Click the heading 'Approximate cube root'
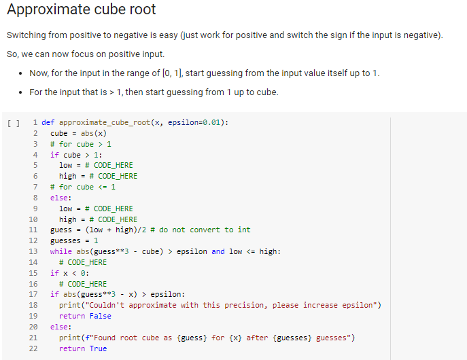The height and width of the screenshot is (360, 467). point(82,10)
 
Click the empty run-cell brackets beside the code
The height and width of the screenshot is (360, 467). point(12,123)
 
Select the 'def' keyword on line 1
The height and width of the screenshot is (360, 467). point(48,122)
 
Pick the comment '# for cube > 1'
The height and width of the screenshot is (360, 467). point(81,144)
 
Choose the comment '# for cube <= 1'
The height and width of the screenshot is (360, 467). point(83,187)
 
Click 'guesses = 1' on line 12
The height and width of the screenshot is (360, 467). point(74,240)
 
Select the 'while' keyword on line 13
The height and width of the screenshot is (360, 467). point(60,251)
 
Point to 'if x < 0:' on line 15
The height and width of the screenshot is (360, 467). point(69,273)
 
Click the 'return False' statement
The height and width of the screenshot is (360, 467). point(85,316)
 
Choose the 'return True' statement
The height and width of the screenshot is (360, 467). point(82,348)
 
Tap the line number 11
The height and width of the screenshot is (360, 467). point(33,230)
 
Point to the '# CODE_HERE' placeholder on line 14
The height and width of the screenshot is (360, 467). point(82,262)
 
